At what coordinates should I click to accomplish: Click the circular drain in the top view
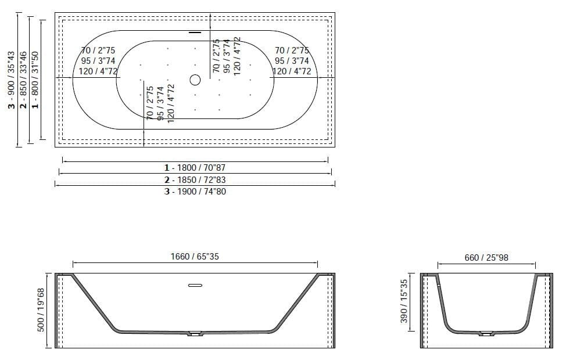195,79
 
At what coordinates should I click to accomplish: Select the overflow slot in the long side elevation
195,285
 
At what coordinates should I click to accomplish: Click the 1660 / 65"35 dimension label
195,257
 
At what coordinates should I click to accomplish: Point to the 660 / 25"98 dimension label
486,257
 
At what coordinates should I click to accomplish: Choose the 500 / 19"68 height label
41,311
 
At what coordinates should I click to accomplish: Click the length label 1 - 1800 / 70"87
195,167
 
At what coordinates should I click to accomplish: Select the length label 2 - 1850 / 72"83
195,179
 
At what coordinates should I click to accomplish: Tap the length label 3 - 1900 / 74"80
195,191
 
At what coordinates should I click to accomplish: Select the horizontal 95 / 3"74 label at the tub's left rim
98,61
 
